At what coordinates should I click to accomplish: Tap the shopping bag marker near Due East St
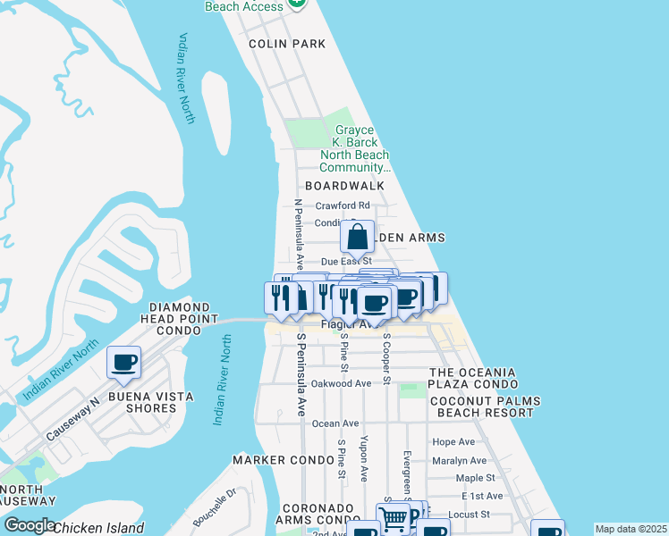pyautogui.click(x=357, y=238)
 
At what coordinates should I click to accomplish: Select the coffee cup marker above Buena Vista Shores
pyautogui.click(x=123, y=363)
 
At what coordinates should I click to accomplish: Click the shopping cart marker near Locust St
pyautogui.click(x=394, y=518)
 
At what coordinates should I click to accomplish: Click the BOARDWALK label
pyautogui.click(x=344, y=186)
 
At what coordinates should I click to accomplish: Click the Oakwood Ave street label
pyautogui.click(x=341, y=383)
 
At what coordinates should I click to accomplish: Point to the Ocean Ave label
pyautogui.click(x=335, y=423)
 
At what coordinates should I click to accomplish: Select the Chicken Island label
pyautogui.click(x=98, y=528)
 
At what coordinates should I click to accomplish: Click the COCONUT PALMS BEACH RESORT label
pyautogui.click(x=481, y=406)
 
